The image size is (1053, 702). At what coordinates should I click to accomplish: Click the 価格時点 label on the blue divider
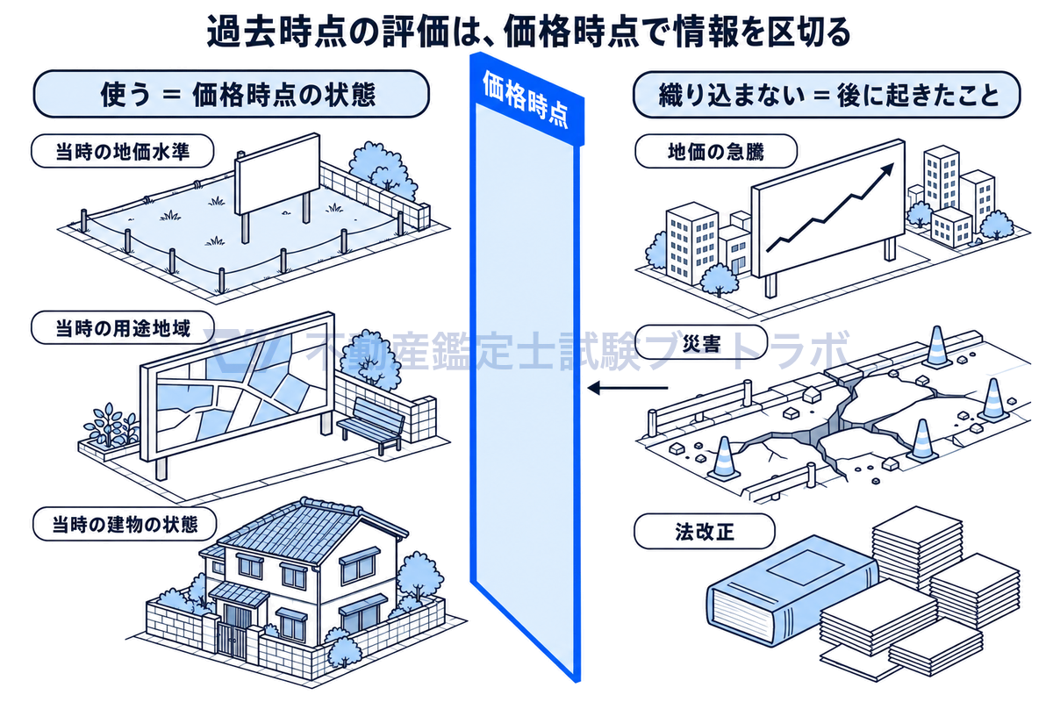pyautogui.click(x=526, y=100)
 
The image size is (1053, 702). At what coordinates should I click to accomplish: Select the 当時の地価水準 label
pyautogui.click(x=122, y=152)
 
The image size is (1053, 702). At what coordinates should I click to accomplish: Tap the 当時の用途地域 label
pyautogui.click(x=123, y=327)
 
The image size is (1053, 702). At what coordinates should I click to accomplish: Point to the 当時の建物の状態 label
pyautogui.click(x=125, y=524)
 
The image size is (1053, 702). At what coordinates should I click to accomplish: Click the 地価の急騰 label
pyautogui.click(x=716, y=152)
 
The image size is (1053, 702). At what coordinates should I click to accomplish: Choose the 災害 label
pyautogui.click(x=701, y=343)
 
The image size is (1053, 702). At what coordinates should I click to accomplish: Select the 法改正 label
pyautogui.click(x=704, y=532)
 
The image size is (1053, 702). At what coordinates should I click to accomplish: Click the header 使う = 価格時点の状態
pyautogui.click(x=232, y=94)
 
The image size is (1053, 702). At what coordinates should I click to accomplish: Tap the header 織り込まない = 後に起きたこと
pyautogui.click(x=827, y=95)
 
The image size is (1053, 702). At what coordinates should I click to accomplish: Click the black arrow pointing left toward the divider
pyautogui.click(x=627, y=388)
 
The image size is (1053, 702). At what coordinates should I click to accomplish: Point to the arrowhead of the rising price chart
pyautogui.click(x=887, y=168)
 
